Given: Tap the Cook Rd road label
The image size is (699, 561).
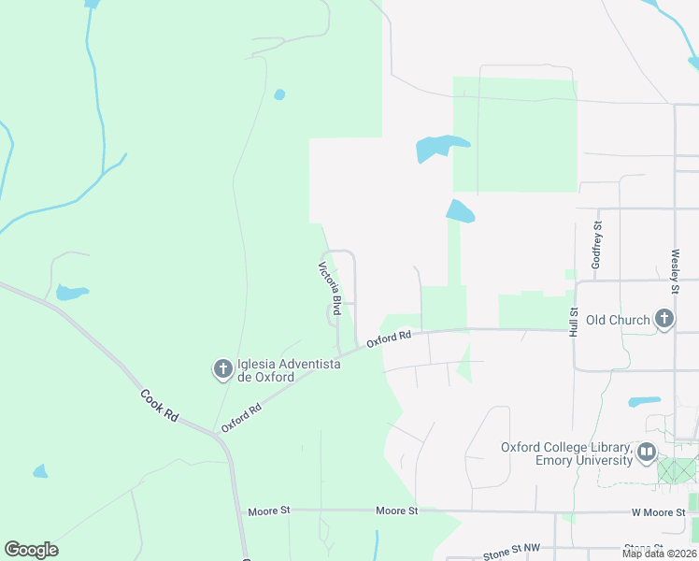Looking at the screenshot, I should [x=159, y=404].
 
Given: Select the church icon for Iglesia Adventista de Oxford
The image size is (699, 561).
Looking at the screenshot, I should [x=222, y=370].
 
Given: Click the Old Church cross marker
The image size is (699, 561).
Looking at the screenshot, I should [x=663, y=320].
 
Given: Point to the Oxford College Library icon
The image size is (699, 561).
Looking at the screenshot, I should [x=646, y=453].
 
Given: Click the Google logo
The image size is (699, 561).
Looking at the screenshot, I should [x=31, y=550].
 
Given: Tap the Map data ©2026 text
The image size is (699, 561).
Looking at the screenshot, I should [x=658, y=554].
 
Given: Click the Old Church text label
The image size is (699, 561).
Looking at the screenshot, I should [x=617, y=320].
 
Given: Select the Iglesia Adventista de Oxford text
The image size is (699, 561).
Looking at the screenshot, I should [x=266, y=371].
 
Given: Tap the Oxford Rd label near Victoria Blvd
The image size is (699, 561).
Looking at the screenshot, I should [x=389, y=338].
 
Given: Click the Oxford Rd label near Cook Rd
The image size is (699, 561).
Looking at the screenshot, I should [x=241, y=418].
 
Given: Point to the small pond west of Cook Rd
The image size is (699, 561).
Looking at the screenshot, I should [x=71, y=293].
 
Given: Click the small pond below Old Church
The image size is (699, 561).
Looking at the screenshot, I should [x=644, y=402].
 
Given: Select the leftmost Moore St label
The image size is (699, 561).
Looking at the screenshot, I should [x=269, y=511].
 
